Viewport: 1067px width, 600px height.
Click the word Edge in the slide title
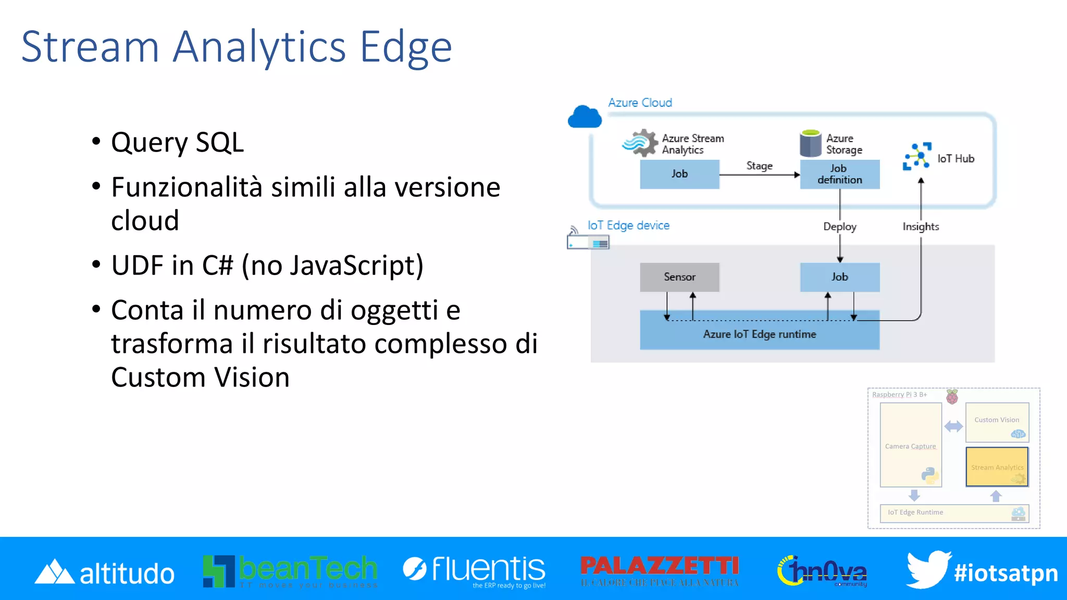tap(406, 47)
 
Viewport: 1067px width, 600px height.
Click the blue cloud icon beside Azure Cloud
tap(585, 117)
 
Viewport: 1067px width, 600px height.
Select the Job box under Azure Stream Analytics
tap(679, 174)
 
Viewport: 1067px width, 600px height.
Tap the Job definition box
tap(839, 174)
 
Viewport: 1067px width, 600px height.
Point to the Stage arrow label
tap(759, 166)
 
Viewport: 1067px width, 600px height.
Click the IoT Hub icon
tap(917, 156)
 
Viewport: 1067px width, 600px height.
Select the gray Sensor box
tap(679, 277)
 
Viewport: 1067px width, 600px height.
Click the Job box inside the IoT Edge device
tap(839, 277)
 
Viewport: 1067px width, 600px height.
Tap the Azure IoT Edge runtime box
tap(759, 334)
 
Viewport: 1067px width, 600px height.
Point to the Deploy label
tap(839, 227)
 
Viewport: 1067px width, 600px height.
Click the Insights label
tap(921, 227)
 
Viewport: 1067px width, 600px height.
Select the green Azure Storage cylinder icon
tap(810, 144)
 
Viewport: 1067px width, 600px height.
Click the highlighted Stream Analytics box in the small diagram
tap(997, 467)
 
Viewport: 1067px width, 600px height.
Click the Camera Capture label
tap(910, 446)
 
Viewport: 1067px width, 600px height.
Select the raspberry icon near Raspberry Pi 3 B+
tap(952, 397)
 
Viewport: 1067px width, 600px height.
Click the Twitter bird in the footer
tap(927, 569)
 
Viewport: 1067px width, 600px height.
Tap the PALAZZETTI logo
tap(660, 569)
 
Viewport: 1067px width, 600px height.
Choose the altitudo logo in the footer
tap(104, 572)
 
